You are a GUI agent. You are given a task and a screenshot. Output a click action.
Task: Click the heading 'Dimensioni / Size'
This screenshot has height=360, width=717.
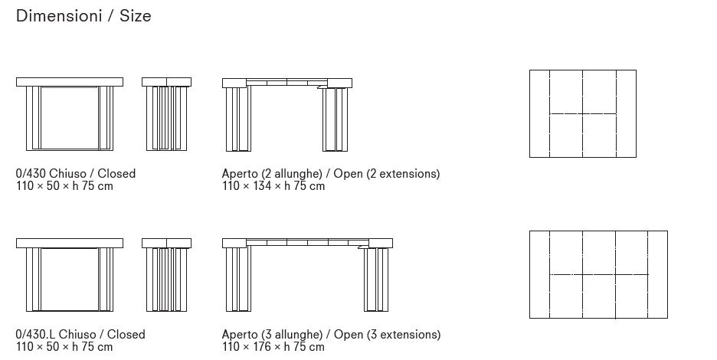click(x=83, y=16)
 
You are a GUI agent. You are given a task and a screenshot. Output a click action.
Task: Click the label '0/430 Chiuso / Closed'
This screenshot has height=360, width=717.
click(x=75, y=174)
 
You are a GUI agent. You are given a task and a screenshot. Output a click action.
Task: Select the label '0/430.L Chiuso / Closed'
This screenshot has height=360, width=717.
click(x=80, y=335)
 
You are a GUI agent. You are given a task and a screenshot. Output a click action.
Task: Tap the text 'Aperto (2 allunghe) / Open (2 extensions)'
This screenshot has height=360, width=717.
click(x=331, y=174)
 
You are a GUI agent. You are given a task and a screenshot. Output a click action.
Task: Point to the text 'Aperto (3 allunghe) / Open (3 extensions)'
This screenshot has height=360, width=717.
click(x=331, y=335)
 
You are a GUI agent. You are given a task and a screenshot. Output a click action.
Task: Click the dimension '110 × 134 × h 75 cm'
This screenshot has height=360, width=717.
click(x=273, y=186)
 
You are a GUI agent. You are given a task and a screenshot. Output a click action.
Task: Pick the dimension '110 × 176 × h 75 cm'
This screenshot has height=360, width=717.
click(x=273, y=347)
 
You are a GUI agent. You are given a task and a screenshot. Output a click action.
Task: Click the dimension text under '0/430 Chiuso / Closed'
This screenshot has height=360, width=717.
click(x=64, y=186)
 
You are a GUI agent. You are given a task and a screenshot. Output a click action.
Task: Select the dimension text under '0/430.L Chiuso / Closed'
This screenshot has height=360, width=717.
click(x=64, y=347)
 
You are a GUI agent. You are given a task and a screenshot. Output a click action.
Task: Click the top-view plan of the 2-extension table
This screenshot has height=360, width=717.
click(x=582, y=113)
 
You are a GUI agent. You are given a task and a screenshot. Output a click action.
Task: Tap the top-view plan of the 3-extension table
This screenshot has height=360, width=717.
click(x=598, y=274)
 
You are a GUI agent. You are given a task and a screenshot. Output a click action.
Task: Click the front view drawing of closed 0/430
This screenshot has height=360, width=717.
click(x=69, y=115)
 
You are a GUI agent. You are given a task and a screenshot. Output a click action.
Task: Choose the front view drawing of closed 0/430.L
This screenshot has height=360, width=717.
click(x=69, y=276)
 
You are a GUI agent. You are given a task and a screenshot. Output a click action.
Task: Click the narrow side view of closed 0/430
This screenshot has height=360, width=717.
click(x=166, y=115)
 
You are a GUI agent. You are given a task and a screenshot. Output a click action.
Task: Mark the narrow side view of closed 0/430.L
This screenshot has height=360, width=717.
click(x=166, y=276)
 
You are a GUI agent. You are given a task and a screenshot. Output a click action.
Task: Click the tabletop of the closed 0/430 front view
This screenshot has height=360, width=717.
click(x=69, y=81)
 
